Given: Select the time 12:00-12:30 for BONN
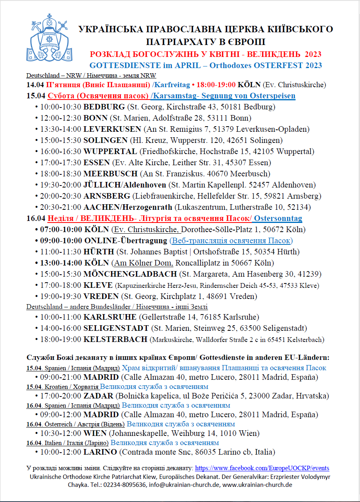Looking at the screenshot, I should (60, 118).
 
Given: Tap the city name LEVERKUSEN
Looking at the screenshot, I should (112, 129).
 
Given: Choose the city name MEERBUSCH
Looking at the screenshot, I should (111, 174).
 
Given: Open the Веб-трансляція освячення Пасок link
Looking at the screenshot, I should (231, 240).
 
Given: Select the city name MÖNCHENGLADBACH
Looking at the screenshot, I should (130, 274).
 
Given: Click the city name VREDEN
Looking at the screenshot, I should (101, 296).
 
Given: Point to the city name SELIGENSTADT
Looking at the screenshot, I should (117, 328).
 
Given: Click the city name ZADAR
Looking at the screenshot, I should (98, 396).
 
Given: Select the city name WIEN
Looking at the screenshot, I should (95, 433).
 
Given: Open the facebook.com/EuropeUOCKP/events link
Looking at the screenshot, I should (262, 468).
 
